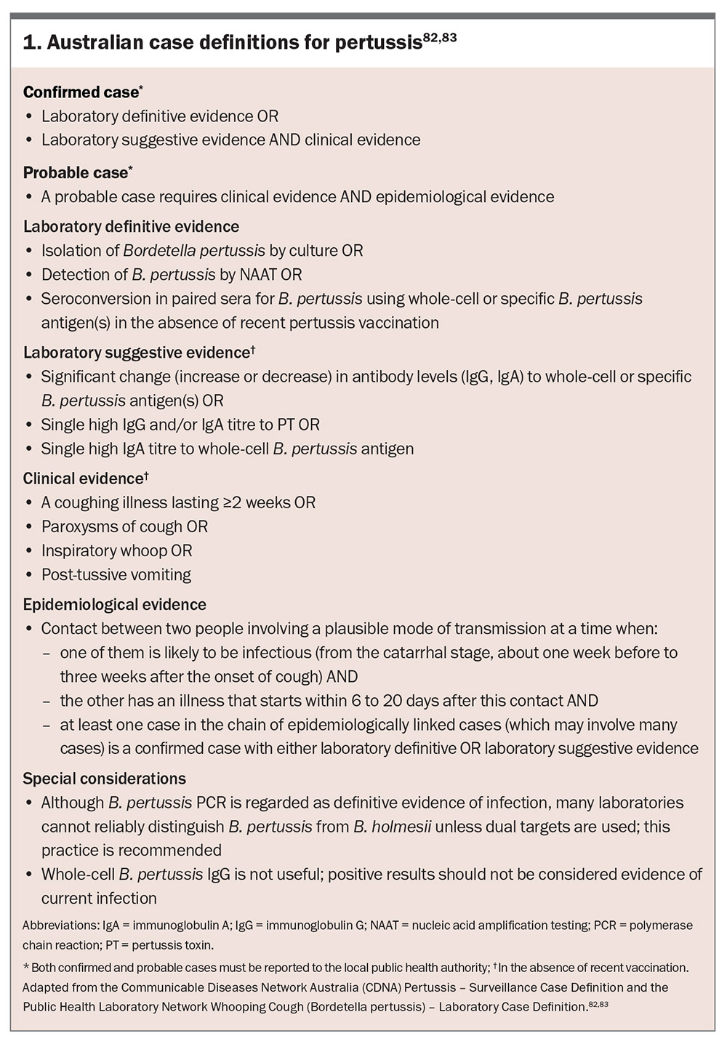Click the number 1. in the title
pos(31,44)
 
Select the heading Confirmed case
pos(80,92)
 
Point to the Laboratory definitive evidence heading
pos(131,227)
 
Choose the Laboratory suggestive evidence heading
pos(136,353)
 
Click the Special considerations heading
pos(104,779)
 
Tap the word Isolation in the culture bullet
pos(71,251)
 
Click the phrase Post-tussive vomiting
pos(116,574)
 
